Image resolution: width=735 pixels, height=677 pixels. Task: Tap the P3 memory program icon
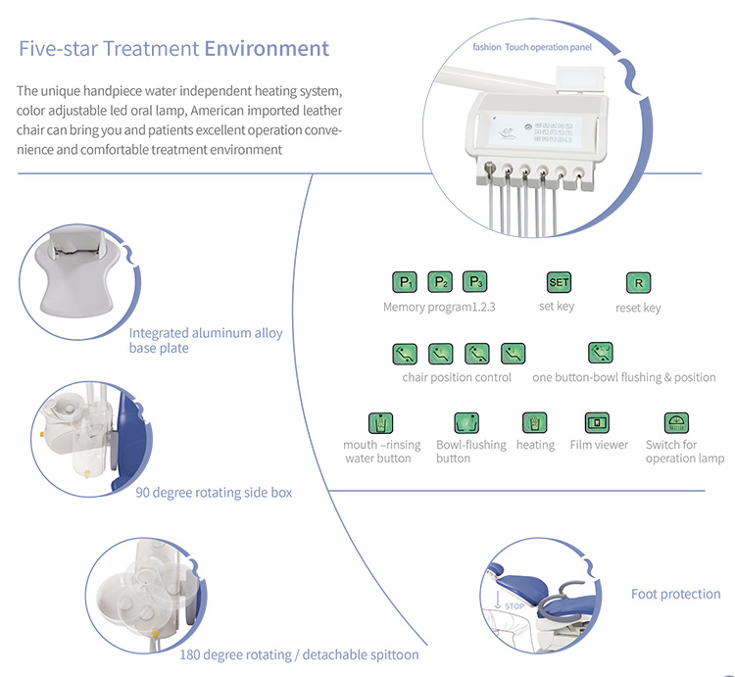point(475,282)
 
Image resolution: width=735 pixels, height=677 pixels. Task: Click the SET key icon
point(558,282)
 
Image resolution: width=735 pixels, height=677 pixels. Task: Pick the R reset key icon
point(638,283)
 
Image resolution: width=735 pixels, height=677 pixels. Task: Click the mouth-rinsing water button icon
point(381,423)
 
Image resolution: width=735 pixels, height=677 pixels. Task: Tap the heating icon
point(535,423)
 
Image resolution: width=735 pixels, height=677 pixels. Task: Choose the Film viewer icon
point(598,423)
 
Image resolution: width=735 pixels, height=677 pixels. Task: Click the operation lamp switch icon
point(677,423)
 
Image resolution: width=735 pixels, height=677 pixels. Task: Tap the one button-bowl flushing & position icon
point(601,353)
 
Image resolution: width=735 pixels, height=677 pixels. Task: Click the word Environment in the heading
point(266,48)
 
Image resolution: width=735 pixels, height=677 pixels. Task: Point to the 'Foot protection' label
point(675,594)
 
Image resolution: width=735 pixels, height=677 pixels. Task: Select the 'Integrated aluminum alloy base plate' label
point(205,340)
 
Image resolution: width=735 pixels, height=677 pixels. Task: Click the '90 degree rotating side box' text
point(214,492)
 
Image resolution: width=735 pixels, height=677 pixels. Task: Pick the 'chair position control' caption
point(457,377)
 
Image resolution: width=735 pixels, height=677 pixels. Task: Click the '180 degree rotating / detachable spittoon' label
point(299,654)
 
